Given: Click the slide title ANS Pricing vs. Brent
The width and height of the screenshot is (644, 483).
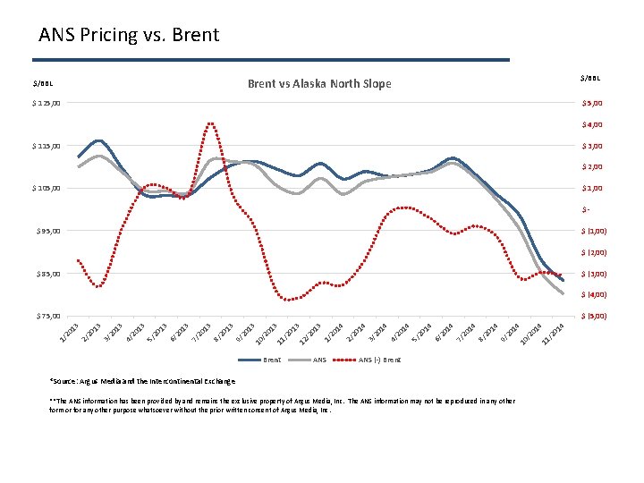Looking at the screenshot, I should click(x=129, y=35).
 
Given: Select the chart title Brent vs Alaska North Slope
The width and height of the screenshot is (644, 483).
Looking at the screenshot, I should click(x=319, y=83).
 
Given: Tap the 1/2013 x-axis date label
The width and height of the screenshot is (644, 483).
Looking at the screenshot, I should click(x=69, y=333).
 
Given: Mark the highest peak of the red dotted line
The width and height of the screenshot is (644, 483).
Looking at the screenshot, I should click(x=210, y=123).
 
